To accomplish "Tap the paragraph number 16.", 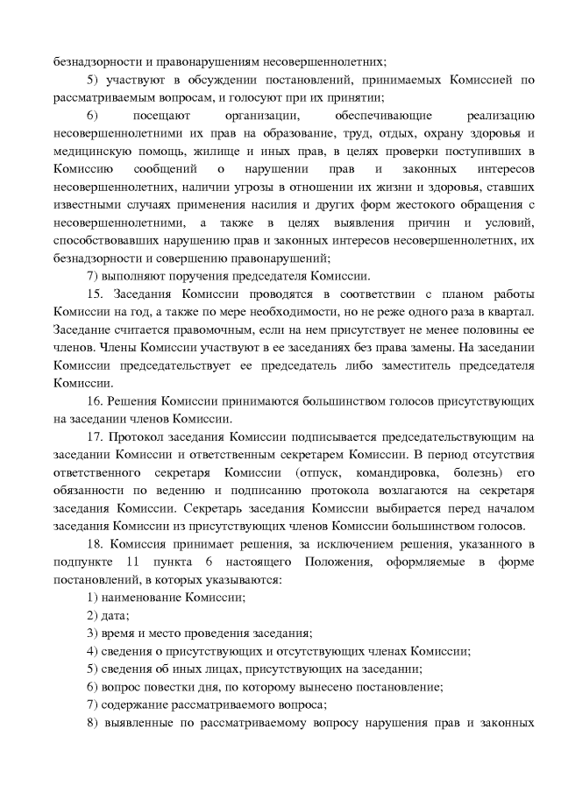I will point(96,400).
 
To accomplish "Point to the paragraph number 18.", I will point(96,517).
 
